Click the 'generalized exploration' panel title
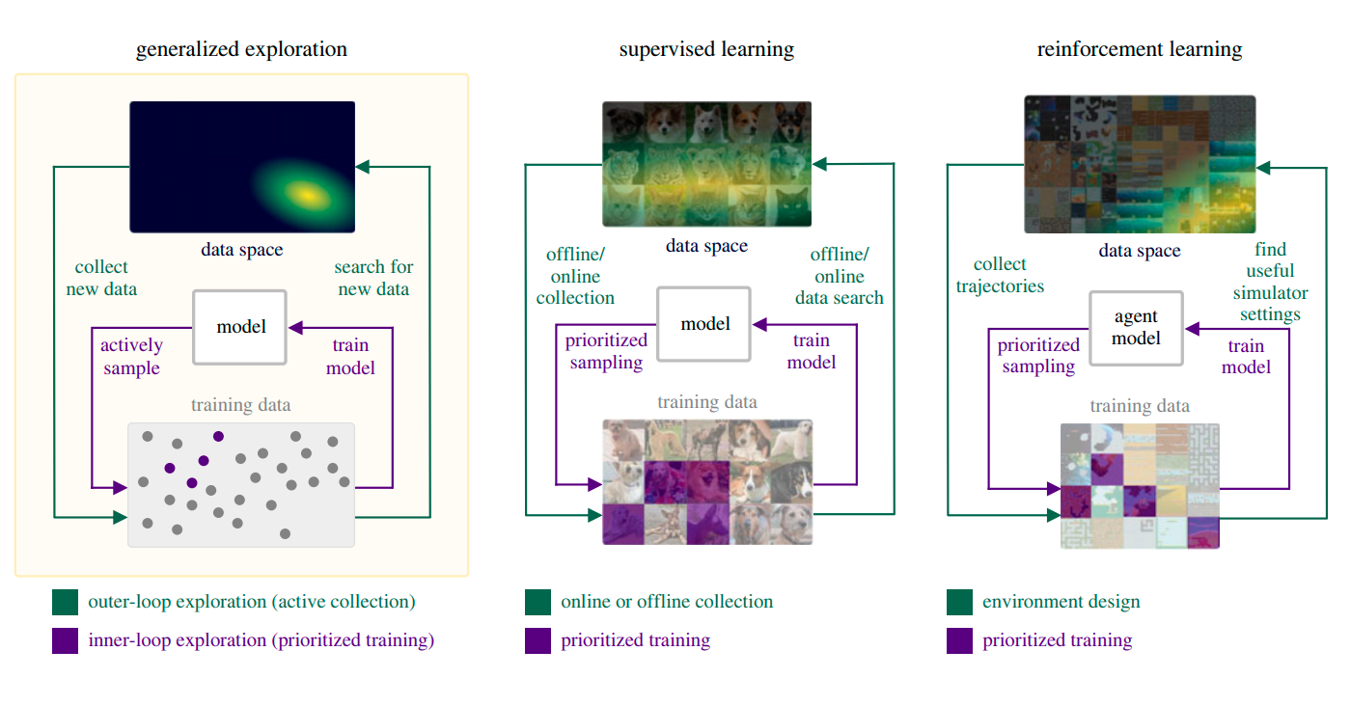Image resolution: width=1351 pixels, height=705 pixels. point(241,49)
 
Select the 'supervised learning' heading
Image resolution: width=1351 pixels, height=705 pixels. point(706,49)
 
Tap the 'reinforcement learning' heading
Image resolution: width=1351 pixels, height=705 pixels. point(1139,49)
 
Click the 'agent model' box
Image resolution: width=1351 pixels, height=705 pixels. point(1137,328)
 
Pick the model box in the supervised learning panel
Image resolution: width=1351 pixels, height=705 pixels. point(705,324)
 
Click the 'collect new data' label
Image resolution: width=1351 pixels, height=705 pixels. point(101,278)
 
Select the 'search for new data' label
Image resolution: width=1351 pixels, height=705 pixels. point(372,278)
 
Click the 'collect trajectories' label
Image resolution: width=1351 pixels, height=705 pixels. point(1000,275)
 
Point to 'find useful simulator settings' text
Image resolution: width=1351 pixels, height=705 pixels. point(1270,282)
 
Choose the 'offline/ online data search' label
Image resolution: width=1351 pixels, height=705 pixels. point(839,276)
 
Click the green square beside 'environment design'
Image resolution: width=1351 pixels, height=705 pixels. point(959,602)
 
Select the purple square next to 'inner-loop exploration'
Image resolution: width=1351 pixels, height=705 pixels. point(65,641)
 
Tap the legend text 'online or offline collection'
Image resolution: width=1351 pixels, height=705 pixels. point(667,602)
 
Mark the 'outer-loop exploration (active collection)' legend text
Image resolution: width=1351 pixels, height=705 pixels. point(251,602)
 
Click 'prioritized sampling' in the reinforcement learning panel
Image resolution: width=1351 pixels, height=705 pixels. point(1038,355)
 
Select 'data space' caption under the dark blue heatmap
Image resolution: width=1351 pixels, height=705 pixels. point(241,250)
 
